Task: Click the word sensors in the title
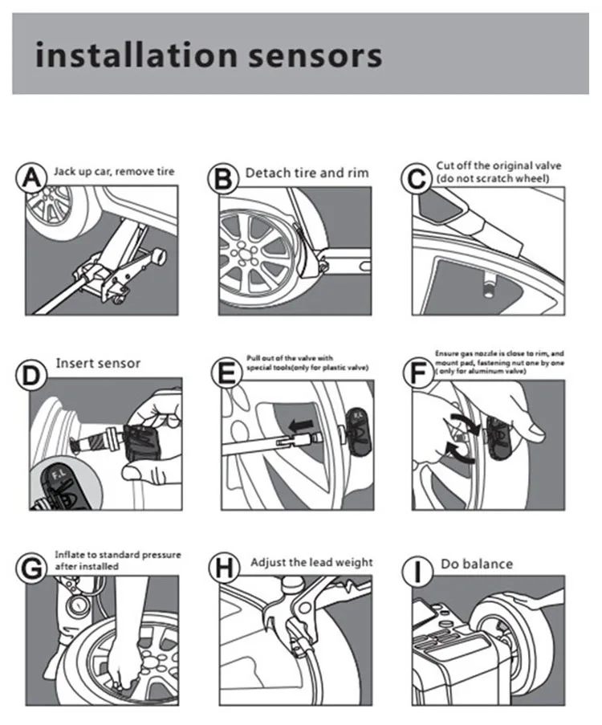click(315, 55)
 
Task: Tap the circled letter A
click(31, 178)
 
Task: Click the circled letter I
click(417, 572)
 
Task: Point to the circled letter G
click(31, 568)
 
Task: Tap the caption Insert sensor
click(98, 364)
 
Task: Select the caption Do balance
click(477, 564)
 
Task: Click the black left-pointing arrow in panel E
click(300, 425)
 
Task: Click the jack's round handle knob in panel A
click(160, 255)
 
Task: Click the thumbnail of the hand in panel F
click(536, 431)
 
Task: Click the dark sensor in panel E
click(358, 430)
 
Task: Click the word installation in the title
click(136, 55)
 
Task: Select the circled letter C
click(417, 179)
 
